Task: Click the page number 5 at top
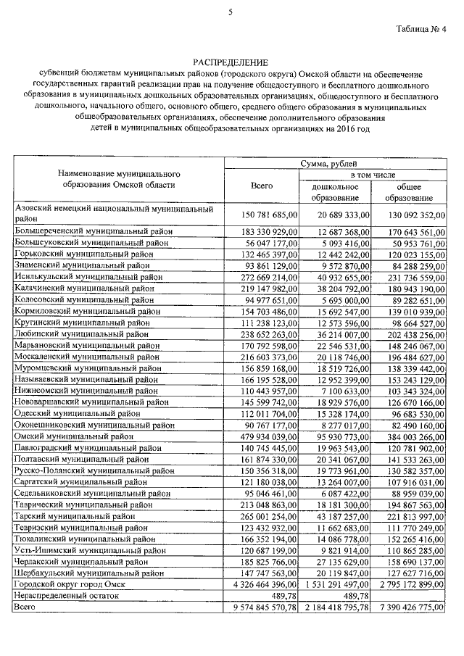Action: pyautogui.click(x=231, y=12)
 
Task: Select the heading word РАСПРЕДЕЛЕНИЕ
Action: pyautogui.click(x=230, y=63)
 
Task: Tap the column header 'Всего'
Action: pyautogui.click(x=261, y=186)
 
